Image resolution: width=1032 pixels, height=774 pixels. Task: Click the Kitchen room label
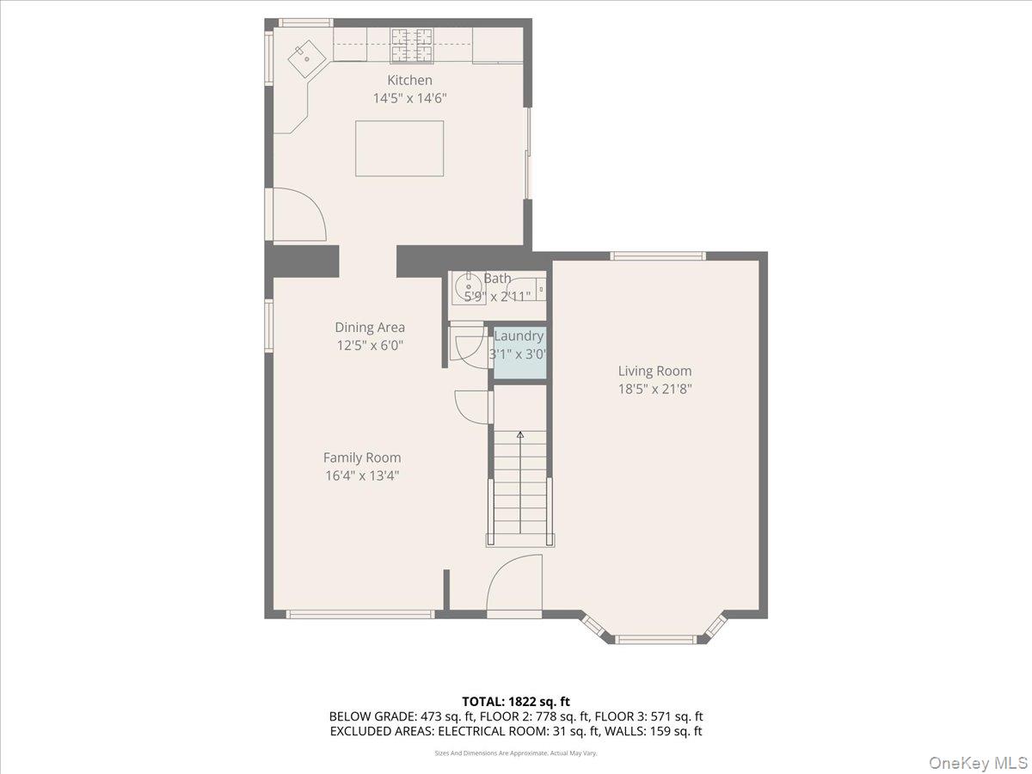tap(409, 80)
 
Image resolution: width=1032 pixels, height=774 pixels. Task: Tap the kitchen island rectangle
tap(399, 148)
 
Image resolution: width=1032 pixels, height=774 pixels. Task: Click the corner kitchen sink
tap(305, 58)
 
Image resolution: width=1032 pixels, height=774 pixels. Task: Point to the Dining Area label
tap(370, 327)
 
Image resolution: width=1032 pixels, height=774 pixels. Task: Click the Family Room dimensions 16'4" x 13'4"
tap(361, 475)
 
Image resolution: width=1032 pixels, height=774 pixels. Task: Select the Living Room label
tap(654, 371)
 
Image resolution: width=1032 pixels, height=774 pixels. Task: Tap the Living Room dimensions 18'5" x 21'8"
tap(654, 389)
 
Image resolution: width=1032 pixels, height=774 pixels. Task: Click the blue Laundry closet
tap(519, 353)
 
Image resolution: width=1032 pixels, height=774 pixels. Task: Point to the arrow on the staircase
tap(519, 436)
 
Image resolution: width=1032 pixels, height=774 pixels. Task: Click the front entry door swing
tap(514, 585)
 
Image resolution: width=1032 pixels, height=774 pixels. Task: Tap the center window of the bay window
tap(656, 639)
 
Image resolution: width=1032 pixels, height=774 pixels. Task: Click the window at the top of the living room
tap(658, 255)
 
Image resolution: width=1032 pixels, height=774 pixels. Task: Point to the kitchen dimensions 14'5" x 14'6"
tap(409, 98)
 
